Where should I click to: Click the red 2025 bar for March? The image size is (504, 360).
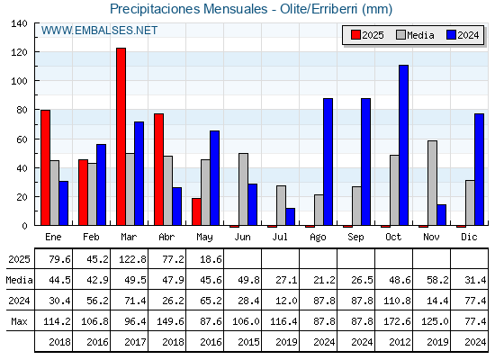[121, 137]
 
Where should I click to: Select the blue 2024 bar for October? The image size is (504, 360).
[404, 145]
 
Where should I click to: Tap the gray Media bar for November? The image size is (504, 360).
[432, 184]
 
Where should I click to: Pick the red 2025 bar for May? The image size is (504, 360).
[196, 211]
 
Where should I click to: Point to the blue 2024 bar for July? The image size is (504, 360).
[290, 217]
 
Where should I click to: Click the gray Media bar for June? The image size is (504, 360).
[243, 189]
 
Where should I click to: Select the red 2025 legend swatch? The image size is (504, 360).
[355, 35]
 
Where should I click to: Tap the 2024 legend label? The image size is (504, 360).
[468, 35]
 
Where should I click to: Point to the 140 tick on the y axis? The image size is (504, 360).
[19, 23]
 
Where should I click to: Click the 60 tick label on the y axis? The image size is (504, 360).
[22, 139]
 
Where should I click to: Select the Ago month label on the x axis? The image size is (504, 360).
[318, 238]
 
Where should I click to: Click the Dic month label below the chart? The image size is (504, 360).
[469, 238]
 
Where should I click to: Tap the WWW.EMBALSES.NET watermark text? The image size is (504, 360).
[99, 31]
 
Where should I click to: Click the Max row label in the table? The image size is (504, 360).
[19, 321]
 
